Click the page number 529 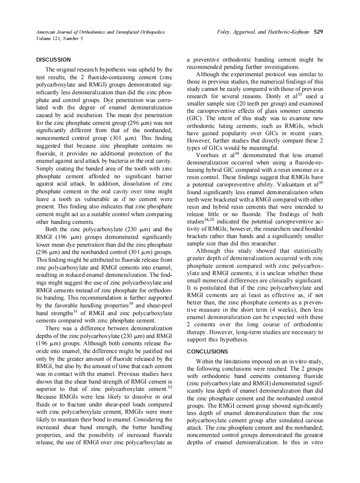(318, 32)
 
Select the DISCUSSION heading (53, 60)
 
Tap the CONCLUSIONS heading (207, 351)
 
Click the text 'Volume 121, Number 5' (60, 38)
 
